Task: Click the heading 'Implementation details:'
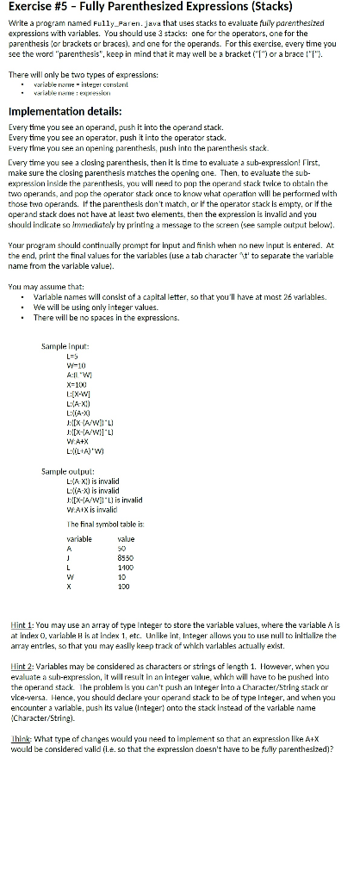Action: pyautogui.click(x=69, y=110)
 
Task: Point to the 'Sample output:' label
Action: pyautogui.click(x=64, y=473)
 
